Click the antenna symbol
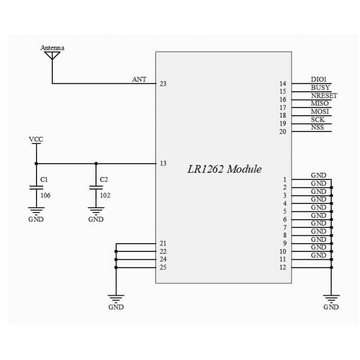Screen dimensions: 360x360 click(52, 56)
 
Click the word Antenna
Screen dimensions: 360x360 click(52, 47)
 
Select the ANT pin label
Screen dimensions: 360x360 click(139, 79)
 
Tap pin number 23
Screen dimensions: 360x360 click(163, 83)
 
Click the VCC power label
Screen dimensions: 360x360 click(36, 139)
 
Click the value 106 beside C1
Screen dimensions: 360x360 click(46, 194)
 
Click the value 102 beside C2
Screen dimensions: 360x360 click(104, 194)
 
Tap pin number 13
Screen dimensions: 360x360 click(163, 163)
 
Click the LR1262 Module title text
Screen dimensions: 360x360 click(225, 169)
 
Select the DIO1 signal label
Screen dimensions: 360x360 click(319, 79)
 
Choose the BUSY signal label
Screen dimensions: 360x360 click(320, 88)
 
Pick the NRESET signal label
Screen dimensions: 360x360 click(324, 95)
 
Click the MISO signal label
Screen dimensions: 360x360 click(320, 103)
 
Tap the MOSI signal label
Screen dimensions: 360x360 click(320, 112)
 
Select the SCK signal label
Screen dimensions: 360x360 click(318, 119)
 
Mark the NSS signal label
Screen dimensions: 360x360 click(317, 127)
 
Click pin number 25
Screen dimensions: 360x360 click(163, 267)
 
